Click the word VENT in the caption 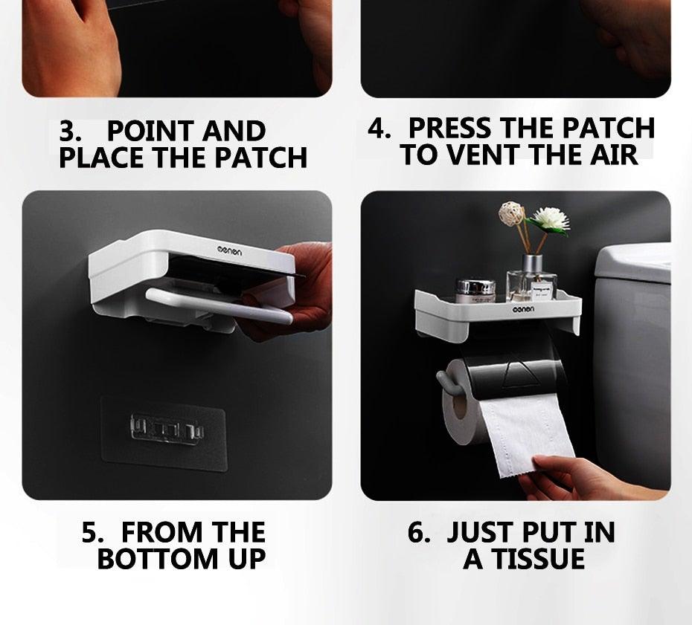pos(485,155)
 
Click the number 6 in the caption pos(417,532)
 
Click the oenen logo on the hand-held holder pos(229,251)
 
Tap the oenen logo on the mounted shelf pos(523,309)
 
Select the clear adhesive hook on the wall pos(167,429)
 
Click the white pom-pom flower pos(549,219)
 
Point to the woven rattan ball pos(511,214)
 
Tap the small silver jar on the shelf pos(475,291)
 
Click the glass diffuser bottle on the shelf pos(532,279)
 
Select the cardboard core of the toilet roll pos(459,407)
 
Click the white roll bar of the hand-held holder pos(220,305)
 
